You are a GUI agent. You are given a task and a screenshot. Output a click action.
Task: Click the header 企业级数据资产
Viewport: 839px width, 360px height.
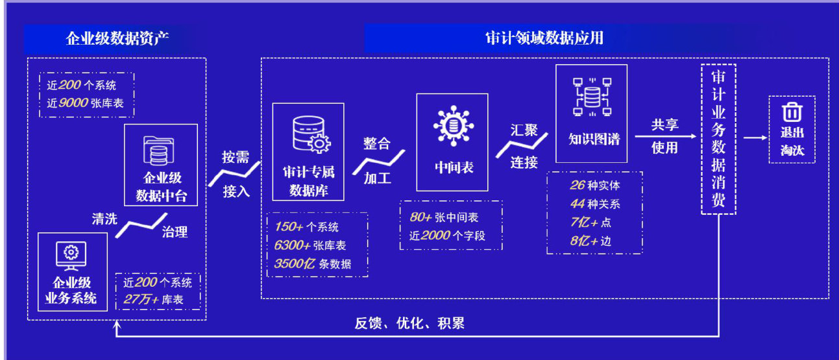pyautogui.click(x=117, y=38)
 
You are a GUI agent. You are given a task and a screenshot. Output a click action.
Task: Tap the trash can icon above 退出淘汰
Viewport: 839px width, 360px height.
pyautogui.click(x=790, y=112)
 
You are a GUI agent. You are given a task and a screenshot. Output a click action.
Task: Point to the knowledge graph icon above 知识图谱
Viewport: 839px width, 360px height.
pyautogui.click(x=591, y=96)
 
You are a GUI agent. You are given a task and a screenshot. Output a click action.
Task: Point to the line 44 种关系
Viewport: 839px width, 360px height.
pyautogui.click(x=594, y=204)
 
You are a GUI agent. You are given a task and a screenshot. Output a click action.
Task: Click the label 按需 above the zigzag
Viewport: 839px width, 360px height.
pyautogui.click(x=236, y=157)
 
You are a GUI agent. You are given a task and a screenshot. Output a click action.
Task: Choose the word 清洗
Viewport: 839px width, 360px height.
pyautogui.click(x=104, y=219)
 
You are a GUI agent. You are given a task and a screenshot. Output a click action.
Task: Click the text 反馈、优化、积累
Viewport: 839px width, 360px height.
pyautogui.click(x=409, y=323)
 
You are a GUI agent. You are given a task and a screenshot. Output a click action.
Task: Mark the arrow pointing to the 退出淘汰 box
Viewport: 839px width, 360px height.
pyautogui.click(x=754, y=138)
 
